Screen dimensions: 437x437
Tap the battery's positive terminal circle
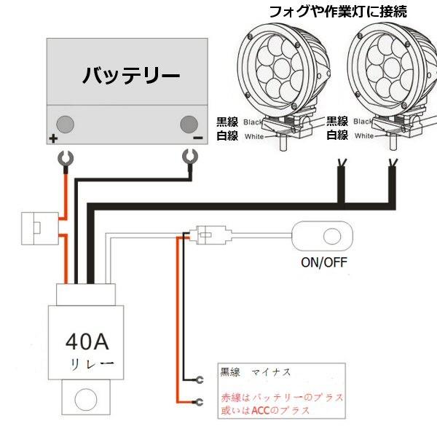coord(66,122)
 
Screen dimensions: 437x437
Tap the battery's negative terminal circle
coord(189,122)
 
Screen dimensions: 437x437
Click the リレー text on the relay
coord(90,362)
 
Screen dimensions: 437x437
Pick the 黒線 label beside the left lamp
coord(227,121)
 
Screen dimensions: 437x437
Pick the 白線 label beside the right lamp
coord(336,135)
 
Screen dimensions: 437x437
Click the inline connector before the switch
coord(210,235)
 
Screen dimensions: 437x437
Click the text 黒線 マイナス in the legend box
coord(255,372)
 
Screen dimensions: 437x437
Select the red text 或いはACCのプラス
coord(265,411)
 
